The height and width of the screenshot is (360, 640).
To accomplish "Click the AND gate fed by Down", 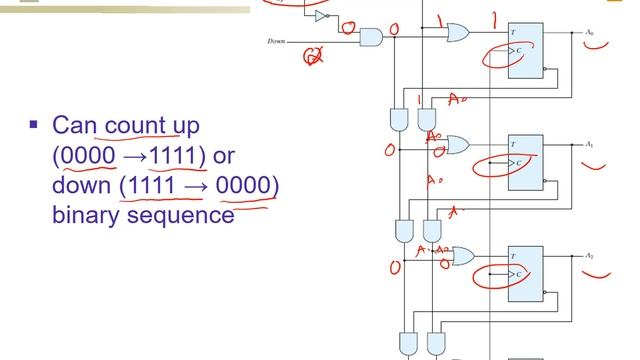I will point(370,39).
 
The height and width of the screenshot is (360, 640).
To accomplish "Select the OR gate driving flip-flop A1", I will point(458,145).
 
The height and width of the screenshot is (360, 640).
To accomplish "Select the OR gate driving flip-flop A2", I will point(462,257).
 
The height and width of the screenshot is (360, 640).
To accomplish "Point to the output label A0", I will point(590,33).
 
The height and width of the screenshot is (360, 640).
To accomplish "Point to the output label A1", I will point(590,144).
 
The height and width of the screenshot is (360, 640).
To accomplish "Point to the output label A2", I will point(590,256).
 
